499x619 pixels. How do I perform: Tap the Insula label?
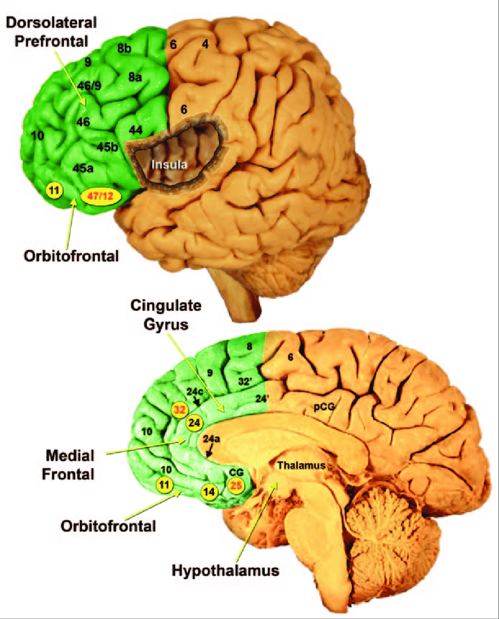pos(169,165)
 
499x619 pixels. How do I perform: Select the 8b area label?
pos(124,49)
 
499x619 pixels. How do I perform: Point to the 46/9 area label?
pos(90,86)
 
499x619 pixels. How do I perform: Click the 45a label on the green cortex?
pos(83,168)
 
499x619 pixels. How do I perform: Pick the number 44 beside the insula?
pos(136,129)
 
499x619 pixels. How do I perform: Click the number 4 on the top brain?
pos(205,44)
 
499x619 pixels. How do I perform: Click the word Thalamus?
pos(301,466)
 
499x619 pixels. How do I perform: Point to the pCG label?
pos(321,405)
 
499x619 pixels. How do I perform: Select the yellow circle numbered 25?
pos(237,485)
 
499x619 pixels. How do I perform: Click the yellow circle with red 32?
pos(179,410)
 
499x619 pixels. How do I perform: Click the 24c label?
pos(195,390)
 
